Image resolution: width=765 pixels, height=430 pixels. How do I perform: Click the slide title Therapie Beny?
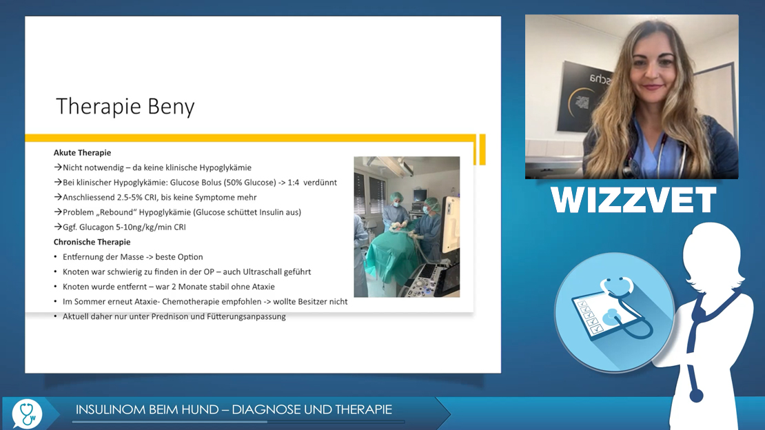click(x=125, y=107)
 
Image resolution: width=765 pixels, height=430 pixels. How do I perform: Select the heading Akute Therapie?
click(x=83, y=153)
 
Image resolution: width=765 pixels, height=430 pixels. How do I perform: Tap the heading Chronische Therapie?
click(x=92, y=242)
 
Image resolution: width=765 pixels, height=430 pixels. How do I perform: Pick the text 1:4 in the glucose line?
click(x=294, y=183)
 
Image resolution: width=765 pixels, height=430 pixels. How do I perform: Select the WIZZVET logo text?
click(x=633, y=200)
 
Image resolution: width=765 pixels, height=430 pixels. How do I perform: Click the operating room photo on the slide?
click(x=407, y=227)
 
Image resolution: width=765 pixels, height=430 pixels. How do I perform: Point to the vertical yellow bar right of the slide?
click(x=482, y=150)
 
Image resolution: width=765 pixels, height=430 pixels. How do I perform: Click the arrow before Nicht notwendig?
click(x=58, y=167)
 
